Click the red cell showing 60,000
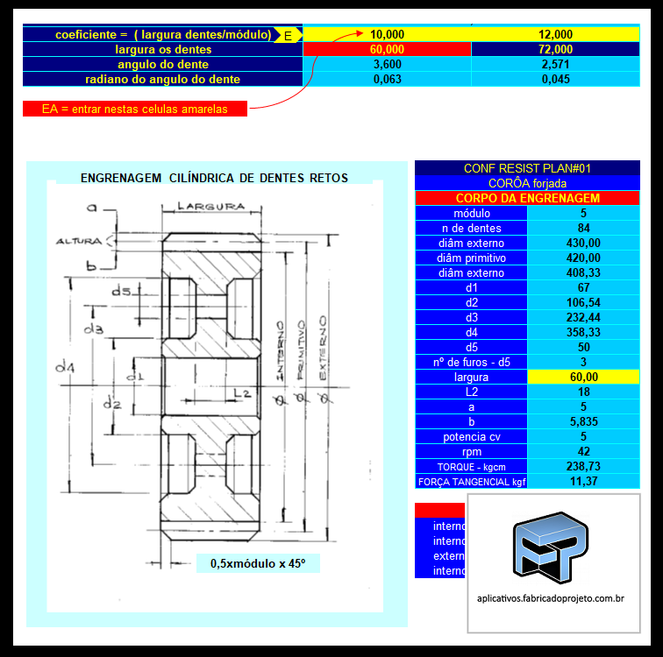[387, 49]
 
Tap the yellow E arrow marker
[288, 35]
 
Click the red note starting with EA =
[134, 109]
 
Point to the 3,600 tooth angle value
[387, 64]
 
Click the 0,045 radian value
[556, 79]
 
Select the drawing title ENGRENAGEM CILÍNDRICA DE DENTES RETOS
[214, 178]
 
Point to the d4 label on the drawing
[62, 367]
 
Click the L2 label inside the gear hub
[243, 392]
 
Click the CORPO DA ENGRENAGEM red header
[527, 198]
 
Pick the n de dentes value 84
[583, 228]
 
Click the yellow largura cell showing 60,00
[583, 377]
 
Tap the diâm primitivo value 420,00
[583, 258]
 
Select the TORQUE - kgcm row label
[471, 466]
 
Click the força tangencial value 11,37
[583, 481]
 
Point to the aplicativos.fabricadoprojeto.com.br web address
[550, 598]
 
